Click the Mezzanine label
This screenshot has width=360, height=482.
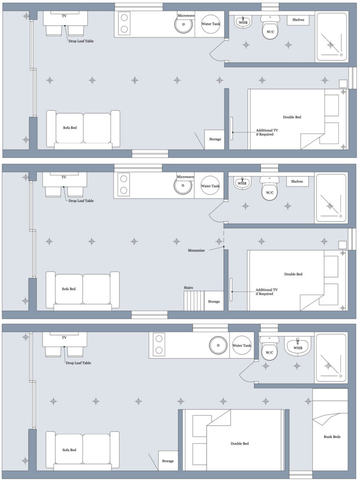pyautogui.click(x=196, y=250)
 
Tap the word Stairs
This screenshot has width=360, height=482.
pyautogui.click(x=188, y=288)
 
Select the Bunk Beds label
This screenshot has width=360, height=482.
pyautogui.click(x=332, y=436)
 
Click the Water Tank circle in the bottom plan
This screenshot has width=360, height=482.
pyautogui.click(x=241, y=345)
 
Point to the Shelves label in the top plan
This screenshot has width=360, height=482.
pyautogui.click(x=298, y=20)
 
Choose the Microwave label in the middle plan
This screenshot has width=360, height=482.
pyautogui.click(x=185, y=177)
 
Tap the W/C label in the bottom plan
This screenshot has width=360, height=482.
pyautogui.click(x=269, y=353)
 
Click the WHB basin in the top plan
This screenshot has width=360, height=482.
pyautogui.click(x=243, y=22)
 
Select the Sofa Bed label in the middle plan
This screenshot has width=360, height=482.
pyautogui.click(x=69, y=289)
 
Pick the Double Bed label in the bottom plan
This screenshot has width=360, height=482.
pyautogui.click(x=240, y=443)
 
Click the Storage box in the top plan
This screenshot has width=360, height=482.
pyautogui.click(x=215, y=139)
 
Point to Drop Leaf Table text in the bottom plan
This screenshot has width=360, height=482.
pyautogui.click(x=79, y=363)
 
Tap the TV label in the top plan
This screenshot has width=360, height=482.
pyautogui.click(x=64, y=16)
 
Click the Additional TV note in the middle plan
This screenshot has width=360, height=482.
pyautogui.click(x=266, y=292)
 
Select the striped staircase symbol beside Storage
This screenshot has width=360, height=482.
pyautogui.click(x=194, y=301)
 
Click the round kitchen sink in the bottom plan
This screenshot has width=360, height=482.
pyautogui.click(x=218, y=345)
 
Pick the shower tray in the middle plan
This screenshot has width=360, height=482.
pyautogui.click(x=331, y=198)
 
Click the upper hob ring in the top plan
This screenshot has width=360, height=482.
pyautogui.click(x=124, y=18)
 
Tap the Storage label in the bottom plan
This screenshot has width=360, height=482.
pyautogui.click(x=168, y=461)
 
